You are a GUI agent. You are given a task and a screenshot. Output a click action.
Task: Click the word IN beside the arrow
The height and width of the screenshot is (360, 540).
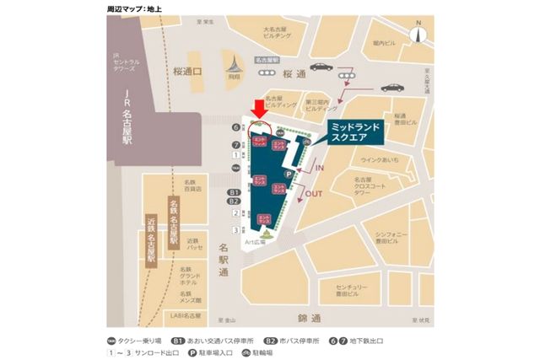click(321, 169)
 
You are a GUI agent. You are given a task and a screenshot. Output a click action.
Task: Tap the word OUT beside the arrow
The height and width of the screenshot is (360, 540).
click(313, 193)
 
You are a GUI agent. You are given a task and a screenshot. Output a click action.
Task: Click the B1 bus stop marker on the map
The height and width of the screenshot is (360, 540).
click(235, 193)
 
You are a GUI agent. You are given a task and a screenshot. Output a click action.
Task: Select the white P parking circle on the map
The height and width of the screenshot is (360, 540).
click(288, 175)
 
